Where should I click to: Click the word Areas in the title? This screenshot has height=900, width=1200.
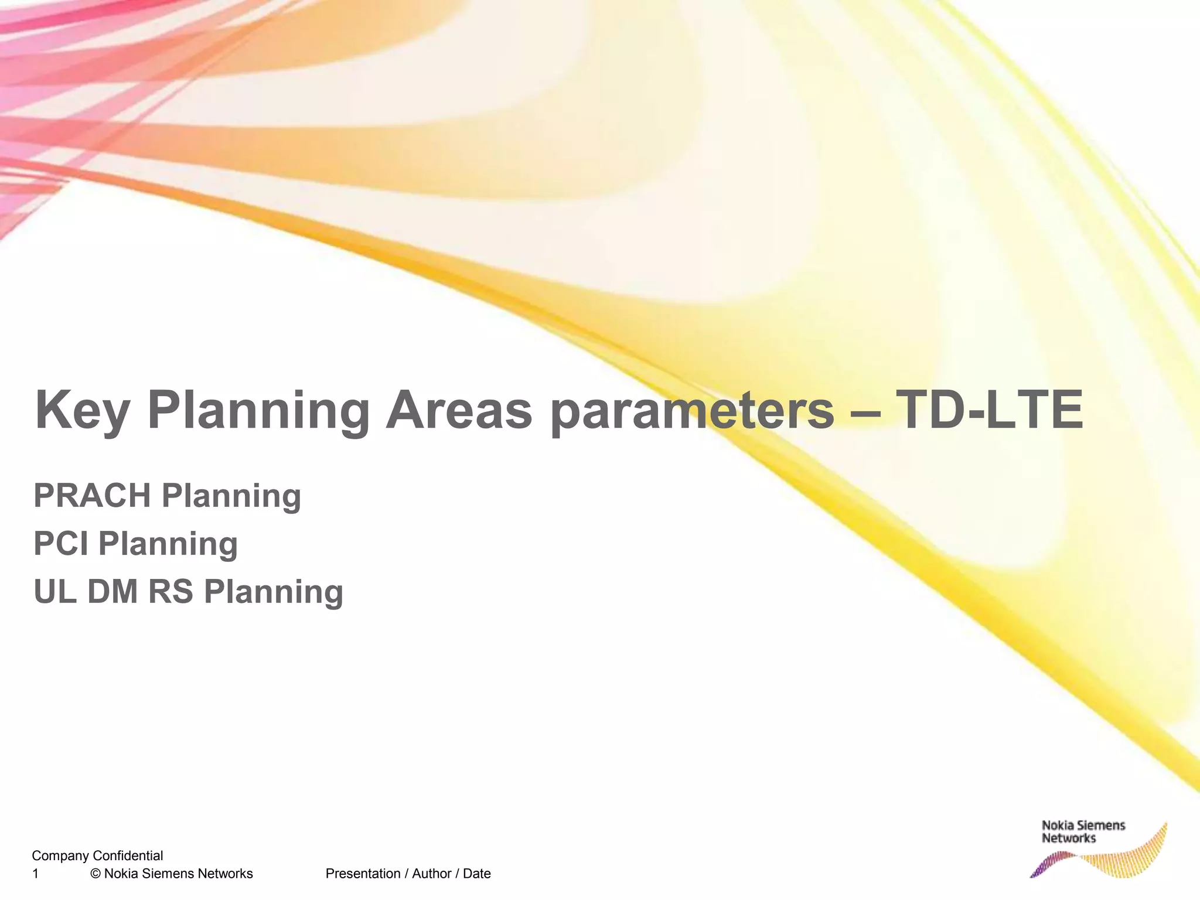(x=458, y=410)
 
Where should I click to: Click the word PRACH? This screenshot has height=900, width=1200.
(x=93, y=496)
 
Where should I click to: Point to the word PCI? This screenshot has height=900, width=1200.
(x=61, y=544)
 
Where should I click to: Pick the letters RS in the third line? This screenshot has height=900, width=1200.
(x=171, y=592)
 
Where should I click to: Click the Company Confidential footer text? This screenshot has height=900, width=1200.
(x=97, y=855)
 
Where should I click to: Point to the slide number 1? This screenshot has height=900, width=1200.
(x=35, y=874)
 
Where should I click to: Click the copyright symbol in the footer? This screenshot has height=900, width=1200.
(x=96, y=874)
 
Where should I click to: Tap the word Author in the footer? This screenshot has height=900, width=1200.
(x=431, y=874)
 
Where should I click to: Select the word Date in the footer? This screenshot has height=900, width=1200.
(x=476, y=874)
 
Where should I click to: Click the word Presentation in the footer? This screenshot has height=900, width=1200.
(x=363, y=874)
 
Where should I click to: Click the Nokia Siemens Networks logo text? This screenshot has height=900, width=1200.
(x=1083, y=832)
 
